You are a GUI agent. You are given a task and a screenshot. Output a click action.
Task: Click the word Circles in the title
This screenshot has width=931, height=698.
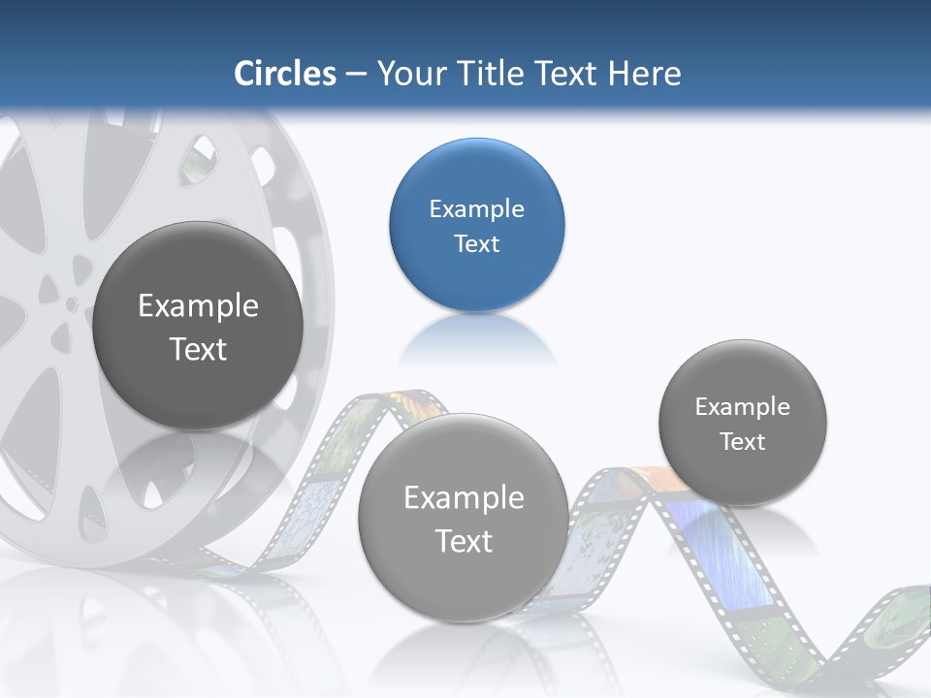pos(284,74)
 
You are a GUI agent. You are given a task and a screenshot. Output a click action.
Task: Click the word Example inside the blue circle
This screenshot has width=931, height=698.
pos(476,209)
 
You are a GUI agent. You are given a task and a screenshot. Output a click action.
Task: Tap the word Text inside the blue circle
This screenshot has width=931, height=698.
pos(476,244)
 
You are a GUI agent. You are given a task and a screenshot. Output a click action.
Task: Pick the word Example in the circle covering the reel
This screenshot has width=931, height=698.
pos(198,306)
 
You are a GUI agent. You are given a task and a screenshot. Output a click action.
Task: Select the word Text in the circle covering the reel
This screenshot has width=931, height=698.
pos(198,349)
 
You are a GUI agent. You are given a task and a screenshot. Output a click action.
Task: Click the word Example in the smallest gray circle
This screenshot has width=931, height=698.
pos(742,407)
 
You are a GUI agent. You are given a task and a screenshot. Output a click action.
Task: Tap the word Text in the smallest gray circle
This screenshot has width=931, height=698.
pos(742,442)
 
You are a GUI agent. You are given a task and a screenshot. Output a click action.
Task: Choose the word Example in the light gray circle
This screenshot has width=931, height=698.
pos(464,498)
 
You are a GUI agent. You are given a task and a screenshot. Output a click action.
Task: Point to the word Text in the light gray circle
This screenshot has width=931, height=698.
pos(464,541)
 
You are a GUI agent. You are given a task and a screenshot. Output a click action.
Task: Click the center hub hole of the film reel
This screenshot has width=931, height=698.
pos(71,303)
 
